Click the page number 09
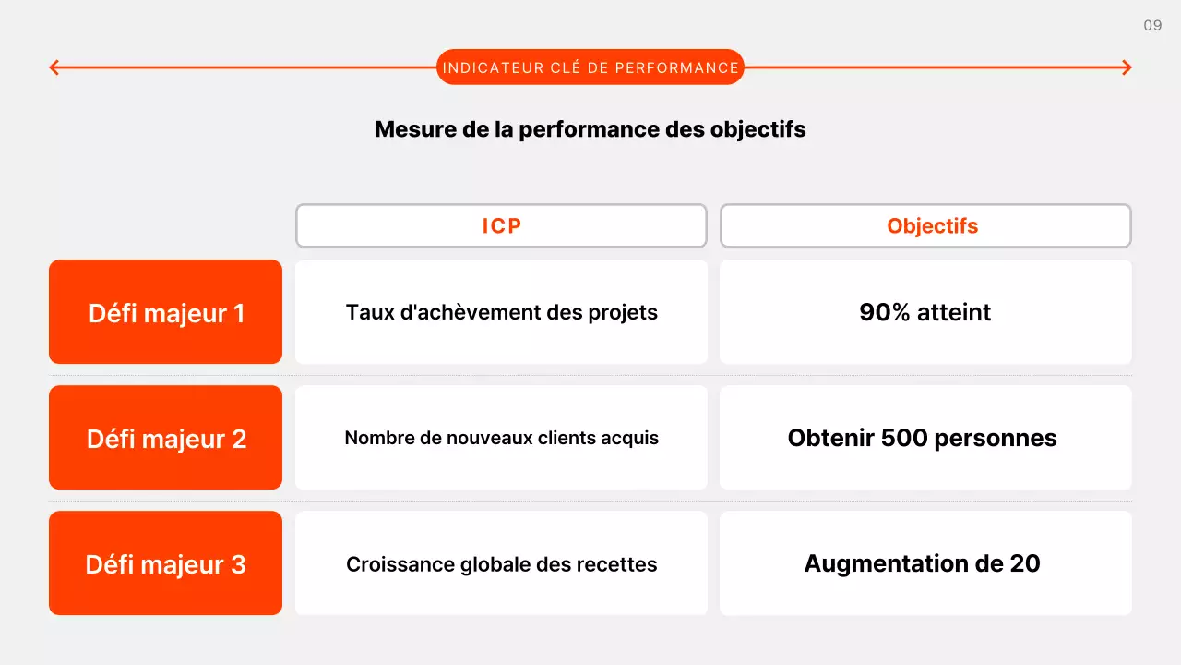tap(1152, 26)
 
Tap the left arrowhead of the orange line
tap(54, 67)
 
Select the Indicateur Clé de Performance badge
tap(590, 67)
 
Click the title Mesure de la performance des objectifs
tap(590, 129)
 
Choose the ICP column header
tap(501, 226)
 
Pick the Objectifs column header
tap(925, 226)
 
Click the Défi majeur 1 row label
tap(166, 312)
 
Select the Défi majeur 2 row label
tap(166, 438)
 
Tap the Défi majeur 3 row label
tap(166, 563)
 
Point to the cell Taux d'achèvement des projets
tap(501, 312)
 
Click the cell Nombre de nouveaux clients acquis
tap(501, 438)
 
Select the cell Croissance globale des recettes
tap(501, 563)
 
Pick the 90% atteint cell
tap(925, 312)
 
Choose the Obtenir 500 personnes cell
tap(925, 438)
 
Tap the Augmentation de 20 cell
tap(925, 563)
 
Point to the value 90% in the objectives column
tap(885, 312)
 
